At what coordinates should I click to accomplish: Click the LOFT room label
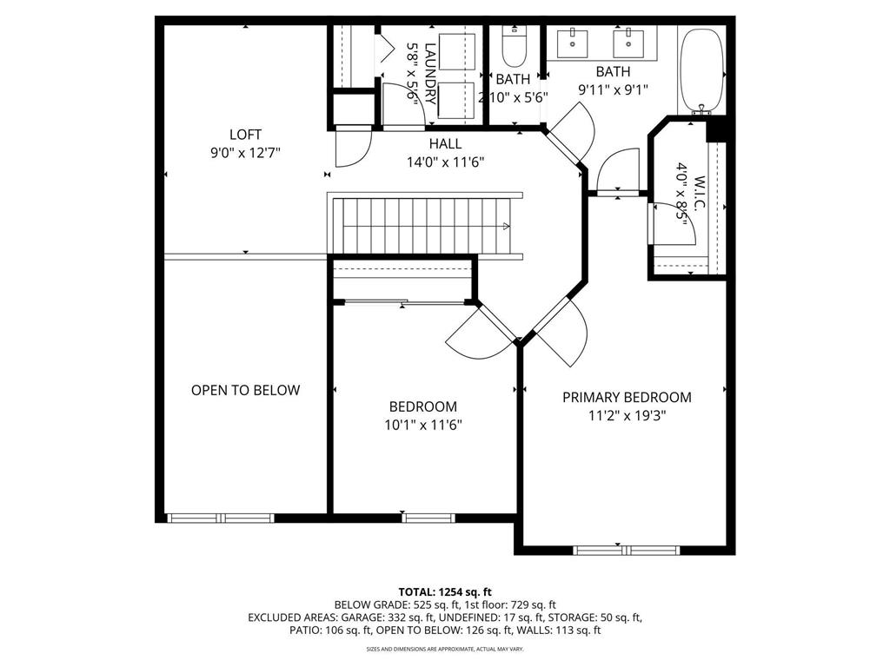[245, 135]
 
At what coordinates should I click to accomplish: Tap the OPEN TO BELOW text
[245, 390]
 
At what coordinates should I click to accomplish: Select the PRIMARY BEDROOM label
[627, 397]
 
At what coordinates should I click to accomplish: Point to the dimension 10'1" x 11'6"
[422, 425]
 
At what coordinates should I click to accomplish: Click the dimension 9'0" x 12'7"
[245, 152]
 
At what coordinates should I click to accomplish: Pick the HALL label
[445, 144]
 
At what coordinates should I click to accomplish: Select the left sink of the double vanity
[576, 39]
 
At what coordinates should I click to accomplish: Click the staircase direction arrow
[506, 227]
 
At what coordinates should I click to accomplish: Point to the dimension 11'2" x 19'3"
[627, 415]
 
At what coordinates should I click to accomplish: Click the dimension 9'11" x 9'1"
[613, 89]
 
